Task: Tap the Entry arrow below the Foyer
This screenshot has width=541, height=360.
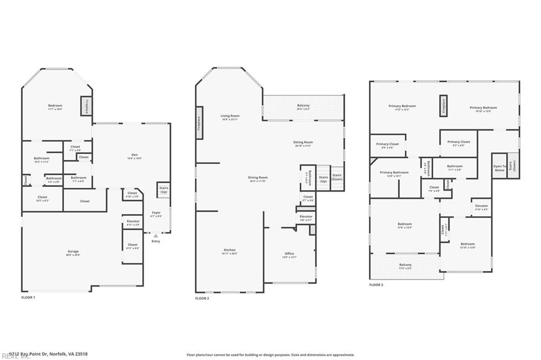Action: coord(155,236)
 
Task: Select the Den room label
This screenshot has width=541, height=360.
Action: coord(135,156)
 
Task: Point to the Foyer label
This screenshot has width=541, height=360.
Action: coord(156,214)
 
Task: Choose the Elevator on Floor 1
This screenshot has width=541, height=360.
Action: coord(133,222)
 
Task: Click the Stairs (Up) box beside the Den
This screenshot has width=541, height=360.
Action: coord(163,190)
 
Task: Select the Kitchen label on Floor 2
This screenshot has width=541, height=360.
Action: coord(229,251)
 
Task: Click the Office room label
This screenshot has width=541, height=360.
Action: coord(289,255)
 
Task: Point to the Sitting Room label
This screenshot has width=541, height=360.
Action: coord(303,143)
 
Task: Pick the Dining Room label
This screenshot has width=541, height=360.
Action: coord(258,178)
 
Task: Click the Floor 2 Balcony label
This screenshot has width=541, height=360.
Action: coord(303,107)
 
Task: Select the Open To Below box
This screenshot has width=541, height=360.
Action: coord(499,168)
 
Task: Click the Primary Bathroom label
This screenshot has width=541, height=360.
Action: coord(394,174)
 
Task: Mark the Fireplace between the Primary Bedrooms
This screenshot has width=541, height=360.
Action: coord(443,106)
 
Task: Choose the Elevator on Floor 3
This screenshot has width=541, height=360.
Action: coord(481,207)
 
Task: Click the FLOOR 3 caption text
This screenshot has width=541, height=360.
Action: coord(376,285)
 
